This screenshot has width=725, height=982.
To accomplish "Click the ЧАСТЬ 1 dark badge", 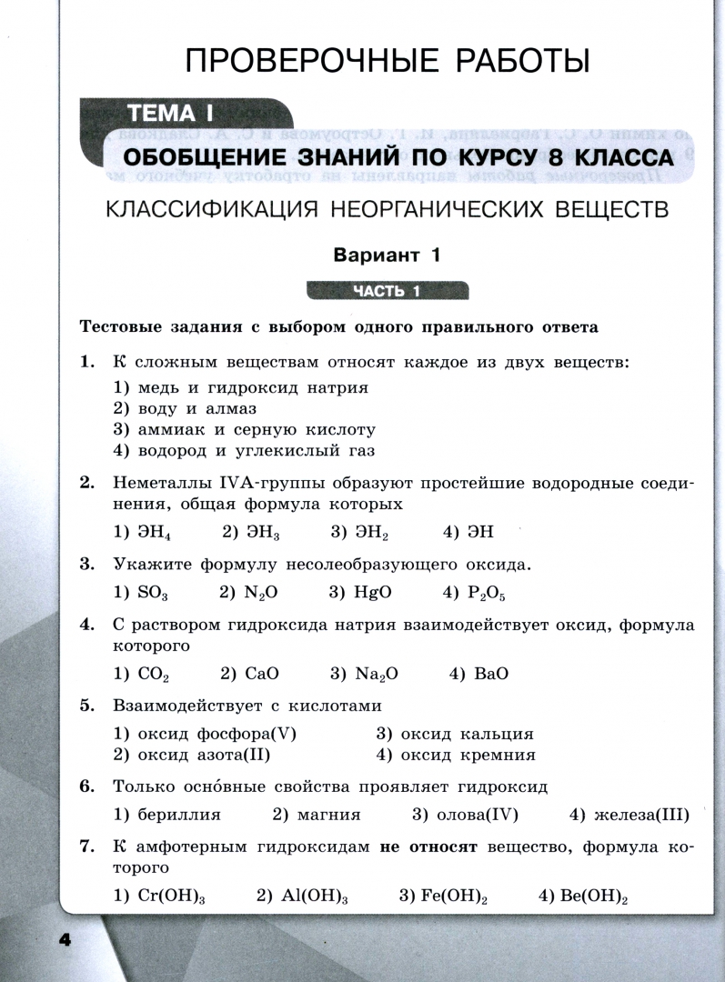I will [388, 292].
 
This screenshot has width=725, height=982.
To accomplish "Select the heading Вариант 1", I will [388, 256].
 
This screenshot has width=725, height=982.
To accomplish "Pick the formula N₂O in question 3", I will [261, 592].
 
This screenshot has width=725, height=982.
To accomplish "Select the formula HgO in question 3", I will [374, 592].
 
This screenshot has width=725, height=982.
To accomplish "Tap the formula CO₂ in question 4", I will [152, 675].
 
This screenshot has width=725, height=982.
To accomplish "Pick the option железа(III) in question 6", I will [640, 815].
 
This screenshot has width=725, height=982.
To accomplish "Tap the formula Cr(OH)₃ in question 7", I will [170, 897].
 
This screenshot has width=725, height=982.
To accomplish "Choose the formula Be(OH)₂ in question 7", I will [595, 897].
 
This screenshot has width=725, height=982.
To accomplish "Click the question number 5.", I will [87, 705].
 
